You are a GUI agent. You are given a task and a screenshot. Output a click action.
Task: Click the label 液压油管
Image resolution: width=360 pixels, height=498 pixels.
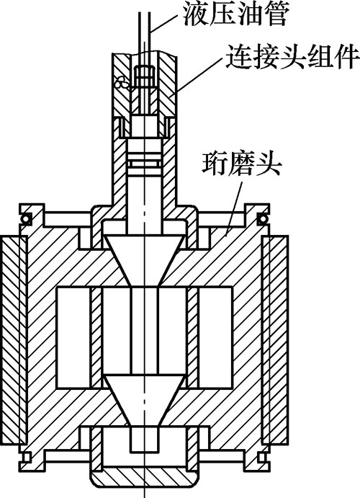click(x=235, y=14)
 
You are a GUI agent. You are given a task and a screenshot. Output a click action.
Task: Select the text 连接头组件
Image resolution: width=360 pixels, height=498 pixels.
click(x=292, y=56)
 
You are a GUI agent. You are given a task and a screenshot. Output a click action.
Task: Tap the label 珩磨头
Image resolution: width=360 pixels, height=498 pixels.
click(x=242, y=164)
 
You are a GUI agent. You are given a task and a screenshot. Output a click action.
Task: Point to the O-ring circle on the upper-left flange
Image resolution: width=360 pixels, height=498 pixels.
click(x=25, y=219)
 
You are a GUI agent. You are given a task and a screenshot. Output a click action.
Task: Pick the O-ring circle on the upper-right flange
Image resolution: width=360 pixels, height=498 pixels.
click(x=263, y=218)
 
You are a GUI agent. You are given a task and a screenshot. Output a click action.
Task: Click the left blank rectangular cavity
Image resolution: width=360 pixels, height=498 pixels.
click(x=73, y=337)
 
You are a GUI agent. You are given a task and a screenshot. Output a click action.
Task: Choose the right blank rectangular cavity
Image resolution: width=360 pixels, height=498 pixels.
click(x=215, y=337)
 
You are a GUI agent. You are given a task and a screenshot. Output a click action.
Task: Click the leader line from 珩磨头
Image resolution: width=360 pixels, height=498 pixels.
click(x=234, y=209)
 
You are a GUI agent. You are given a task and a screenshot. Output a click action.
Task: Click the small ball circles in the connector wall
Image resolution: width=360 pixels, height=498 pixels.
click(x=121, y=83)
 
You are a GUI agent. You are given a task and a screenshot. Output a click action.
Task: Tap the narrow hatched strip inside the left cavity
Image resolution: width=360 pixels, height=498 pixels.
click(x=96, y=337)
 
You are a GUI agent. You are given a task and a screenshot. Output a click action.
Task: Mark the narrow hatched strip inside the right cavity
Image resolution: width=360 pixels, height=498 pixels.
click(x=192, y=337)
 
